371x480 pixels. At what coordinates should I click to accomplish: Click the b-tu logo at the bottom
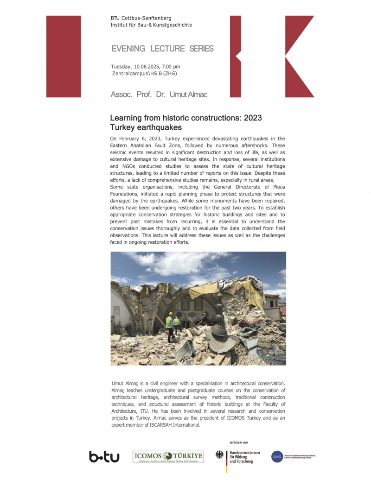(x=104, y=457)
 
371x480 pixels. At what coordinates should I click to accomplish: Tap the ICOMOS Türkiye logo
(x=168, y=457)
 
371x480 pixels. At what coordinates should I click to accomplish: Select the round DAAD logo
(x=277, y=456)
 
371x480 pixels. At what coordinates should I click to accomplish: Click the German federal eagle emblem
(x=220, y=455)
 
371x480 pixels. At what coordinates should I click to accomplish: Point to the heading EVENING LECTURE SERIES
(x=162, y=49)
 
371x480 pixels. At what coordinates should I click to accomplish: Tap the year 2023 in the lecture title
(x=251, y=118)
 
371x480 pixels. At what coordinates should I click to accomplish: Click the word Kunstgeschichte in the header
(x=172, y=25)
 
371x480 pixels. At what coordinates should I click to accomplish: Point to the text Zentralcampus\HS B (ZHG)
(x=144, y=73)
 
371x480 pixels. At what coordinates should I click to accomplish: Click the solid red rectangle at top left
(x=64, y=57)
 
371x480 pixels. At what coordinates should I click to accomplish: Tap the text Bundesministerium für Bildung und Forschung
(x=244, y=457)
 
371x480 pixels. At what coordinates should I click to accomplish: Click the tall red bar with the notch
(x=236, y=57)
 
